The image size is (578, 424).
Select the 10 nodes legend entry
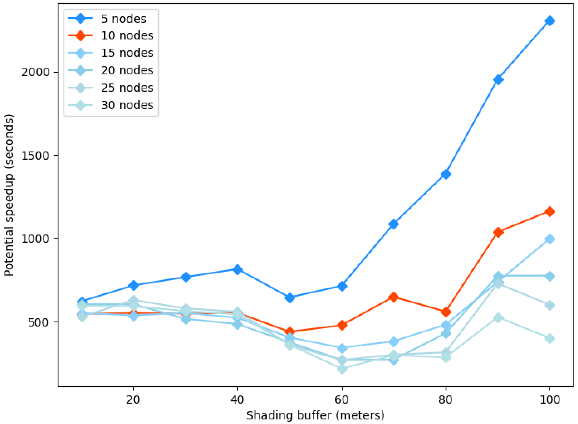point(110,35)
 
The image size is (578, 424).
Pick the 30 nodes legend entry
point(110,105)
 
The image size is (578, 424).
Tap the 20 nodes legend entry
point(110,70)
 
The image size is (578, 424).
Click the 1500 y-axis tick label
point(35,156)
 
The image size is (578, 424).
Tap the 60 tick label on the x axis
point(342,400)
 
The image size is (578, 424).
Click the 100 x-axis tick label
point(549,400)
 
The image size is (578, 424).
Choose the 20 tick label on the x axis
point(133,400)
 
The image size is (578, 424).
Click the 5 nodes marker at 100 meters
point(549,21)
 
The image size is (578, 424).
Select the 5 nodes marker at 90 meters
point(498,80)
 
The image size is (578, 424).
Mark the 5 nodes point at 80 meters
point(446,175)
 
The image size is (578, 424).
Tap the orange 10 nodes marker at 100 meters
point(549,212)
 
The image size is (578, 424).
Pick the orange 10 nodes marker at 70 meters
point(393,297)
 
